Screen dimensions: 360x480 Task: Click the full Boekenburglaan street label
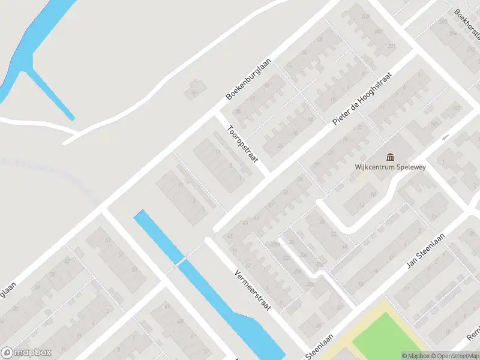[249, 79]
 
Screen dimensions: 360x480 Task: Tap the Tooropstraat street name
[242, 144]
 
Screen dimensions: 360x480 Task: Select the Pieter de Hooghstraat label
[362, 99]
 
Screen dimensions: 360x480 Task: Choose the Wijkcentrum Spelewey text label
[390, 167]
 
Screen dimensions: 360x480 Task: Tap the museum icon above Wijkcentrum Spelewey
[390, 157]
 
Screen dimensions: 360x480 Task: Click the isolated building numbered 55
[194, 88]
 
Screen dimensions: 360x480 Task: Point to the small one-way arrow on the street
[445, 137]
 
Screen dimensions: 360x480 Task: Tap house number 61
[109, 241]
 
